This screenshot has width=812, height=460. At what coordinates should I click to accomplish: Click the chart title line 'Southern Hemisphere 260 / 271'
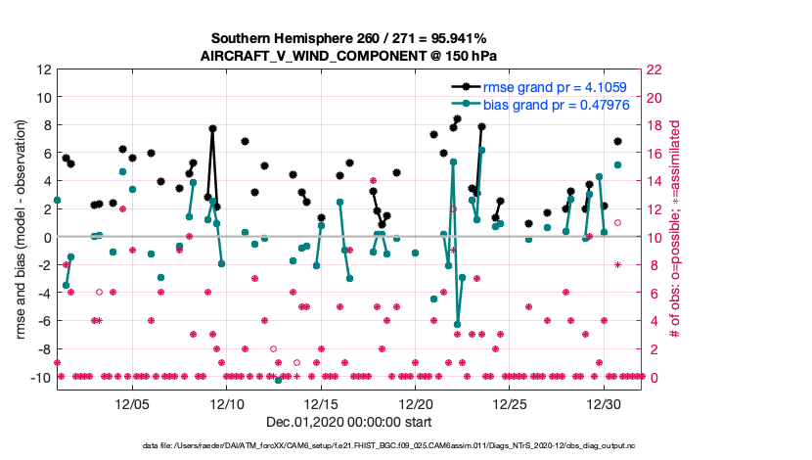pyautogui.click(x=349, y=38)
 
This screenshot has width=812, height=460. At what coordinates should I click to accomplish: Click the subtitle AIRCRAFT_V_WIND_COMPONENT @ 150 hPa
pyautogui.click(x=349, y=56)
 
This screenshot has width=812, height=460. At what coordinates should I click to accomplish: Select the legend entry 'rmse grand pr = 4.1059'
pyautogui.click(x=553, y=87)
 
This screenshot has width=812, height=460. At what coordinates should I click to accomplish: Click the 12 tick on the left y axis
pyautogui.click(x=44, y=69)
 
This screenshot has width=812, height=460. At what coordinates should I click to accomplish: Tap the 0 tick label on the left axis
pyautogui.click(x=46, y=237)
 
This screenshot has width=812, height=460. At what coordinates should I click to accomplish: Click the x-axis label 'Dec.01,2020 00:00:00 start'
pyautogui.click(x=349, y=423)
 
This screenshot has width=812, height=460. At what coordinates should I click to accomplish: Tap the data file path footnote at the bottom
pyautogui.click(x=349, y=446)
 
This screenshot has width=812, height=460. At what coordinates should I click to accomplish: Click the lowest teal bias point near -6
pyautogui.click(x=457, y=324)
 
